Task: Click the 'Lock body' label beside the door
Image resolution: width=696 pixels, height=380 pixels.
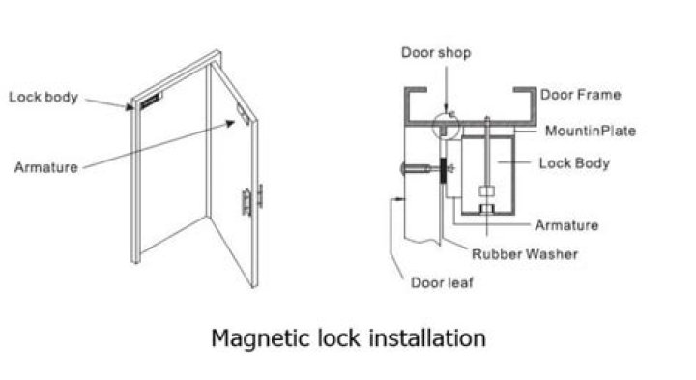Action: [x=43, y=97]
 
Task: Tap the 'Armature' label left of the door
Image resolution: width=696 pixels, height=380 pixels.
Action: [x=45, y=167]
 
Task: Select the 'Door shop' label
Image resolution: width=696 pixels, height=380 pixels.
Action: [x=436, y=53]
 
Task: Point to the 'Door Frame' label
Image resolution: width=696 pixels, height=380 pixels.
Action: [x=581, y=95]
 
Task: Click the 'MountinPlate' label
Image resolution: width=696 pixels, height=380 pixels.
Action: [x=591, y=131]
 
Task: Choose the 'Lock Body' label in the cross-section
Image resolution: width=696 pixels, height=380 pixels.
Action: [x=574, y=163]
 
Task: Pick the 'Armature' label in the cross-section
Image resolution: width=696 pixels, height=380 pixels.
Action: [x=566, y=225]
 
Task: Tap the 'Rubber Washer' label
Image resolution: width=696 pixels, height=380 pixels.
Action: [x=524, y=254]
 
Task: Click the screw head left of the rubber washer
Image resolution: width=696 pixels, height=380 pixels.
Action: [x=405, y=170]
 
